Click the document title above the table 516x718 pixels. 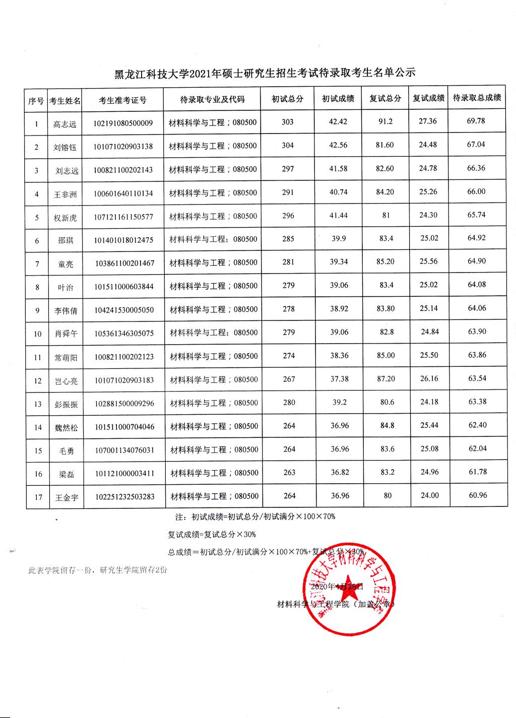click(x=265, y=73)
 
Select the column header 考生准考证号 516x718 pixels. click(x=123, y=100)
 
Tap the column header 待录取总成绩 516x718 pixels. click(x=476, y=98)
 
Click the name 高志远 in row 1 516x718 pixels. click(x=65, y=123)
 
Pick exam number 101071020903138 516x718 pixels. click(x=123, y=147)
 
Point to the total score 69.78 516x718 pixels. click(x=476, y=121)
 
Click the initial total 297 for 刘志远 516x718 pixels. click(x=288, y=169)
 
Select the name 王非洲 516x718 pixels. click(x=66, y=194)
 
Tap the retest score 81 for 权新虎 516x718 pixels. click(x=386, y=215)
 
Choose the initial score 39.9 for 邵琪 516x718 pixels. click(x=339, y=238)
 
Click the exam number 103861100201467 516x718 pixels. click(x=124, y=263)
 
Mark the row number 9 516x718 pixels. click(x=37, y=310)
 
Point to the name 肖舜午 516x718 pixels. click(x=66, y=334)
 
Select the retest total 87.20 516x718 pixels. click(x=386, y=378)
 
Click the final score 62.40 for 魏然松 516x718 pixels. click(x=477, y=425)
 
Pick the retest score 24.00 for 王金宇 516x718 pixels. click(x=429, y=495)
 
